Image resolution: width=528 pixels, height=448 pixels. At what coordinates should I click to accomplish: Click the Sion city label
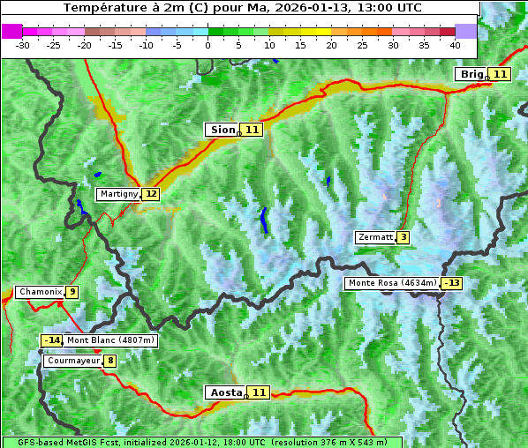point(222,130)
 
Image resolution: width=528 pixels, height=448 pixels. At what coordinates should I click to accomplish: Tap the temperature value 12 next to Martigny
point(151,194)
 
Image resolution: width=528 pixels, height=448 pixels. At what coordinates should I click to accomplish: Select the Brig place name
point(471,74)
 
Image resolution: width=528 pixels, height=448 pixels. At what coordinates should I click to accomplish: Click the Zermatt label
point(374,237)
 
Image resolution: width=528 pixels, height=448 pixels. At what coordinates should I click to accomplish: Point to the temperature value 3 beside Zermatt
point(403,237)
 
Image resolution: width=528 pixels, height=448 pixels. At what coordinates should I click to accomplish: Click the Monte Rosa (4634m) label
point(392,283)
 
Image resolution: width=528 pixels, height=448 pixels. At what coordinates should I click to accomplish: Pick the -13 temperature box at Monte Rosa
point(452,283)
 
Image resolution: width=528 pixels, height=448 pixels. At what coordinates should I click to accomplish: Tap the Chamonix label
point(40,292)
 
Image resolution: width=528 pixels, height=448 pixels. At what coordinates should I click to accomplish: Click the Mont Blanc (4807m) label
point(110,340)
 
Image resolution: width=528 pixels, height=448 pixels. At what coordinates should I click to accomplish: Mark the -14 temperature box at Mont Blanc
point(52,340)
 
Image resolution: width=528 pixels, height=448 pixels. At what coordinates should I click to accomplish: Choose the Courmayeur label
point(72,361)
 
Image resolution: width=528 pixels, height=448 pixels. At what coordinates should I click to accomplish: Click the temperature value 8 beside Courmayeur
point(109,361)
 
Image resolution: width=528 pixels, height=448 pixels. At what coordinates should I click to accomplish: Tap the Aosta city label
point(224,392)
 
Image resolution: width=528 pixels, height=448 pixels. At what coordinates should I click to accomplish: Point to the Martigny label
point(118,194)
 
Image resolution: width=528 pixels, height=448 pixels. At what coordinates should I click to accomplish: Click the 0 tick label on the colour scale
point(207,44)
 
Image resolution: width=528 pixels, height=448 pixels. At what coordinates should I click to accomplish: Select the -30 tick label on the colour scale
point(23,44)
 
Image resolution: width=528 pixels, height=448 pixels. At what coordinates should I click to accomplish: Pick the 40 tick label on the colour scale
point(455,44)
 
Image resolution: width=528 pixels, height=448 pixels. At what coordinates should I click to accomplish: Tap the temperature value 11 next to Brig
point(500,74)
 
